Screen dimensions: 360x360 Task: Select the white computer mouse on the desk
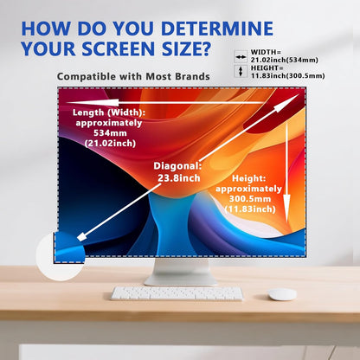282,294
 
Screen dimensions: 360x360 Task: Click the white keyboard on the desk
177,293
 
